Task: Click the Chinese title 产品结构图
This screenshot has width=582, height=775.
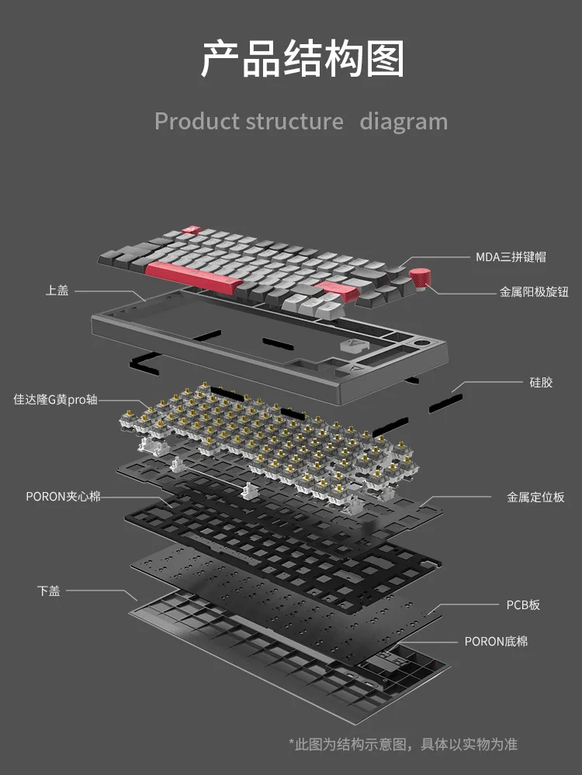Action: pos(302,60)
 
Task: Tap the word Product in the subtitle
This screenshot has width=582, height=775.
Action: pos(196,122)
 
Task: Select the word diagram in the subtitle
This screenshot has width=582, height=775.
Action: pos(403,122)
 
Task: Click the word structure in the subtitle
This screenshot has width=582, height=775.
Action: pos(294,122)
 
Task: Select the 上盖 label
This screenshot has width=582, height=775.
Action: pos(57,291)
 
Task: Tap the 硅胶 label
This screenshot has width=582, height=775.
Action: pos(541,382)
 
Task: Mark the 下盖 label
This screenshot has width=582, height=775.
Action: pos(48,591)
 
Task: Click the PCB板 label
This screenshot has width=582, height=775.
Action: pos(523,604)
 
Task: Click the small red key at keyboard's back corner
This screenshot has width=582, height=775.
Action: pos(190,229)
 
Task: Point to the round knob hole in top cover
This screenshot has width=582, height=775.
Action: pos(426,341)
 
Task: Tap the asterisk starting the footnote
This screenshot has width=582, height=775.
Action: pos(292,742)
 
